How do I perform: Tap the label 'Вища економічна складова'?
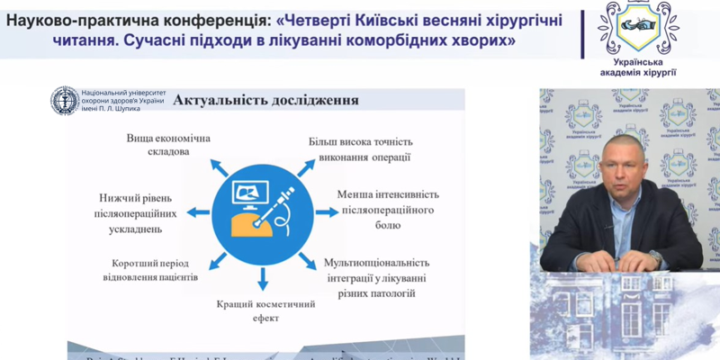(x=167, y=145)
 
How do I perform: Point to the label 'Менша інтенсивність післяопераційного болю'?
(x=387, y=209)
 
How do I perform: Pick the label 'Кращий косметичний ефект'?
(x=265, y=310)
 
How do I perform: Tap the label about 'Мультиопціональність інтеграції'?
(x=382, y=277)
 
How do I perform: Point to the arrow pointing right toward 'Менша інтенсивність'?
(x=327, y=212)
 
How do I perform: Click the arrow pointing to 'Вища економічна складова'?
(x=217, y=166)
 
